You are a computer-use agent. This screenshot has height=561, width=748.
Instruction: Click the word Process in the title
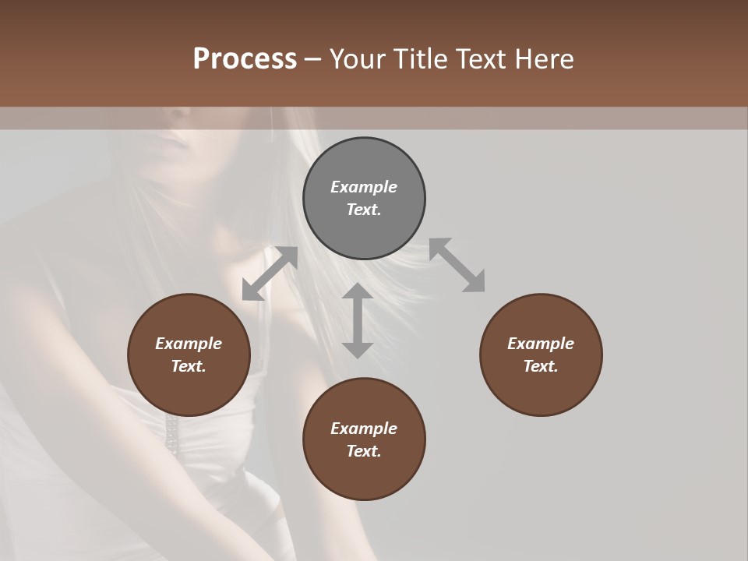[245, 59]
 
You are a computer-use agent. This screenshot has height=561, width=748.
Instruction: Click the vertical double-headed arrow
[358, 320]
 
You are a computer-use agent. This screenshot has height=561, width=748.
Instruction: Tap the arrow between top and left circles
[270, 273]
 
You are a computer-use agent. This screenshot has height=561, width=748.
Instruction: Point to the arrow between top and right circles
[457, 266]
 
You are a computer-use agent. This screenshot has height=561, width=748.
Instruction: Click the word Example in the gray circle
[364, 187]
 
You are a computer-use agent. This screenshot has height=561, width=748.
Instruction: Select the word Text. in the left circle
[189, 366]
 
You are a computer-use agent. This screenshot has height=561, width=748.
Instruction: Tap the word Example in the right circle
[541, 344]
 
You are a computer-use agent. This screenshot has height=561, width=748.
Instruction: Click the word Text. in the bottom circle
[364, 451]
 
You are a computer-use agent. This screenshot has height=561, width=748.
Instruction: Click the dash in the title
[312, 60]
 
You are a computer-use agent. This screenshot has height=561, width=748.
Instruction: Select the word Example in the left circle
[189, 344]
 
